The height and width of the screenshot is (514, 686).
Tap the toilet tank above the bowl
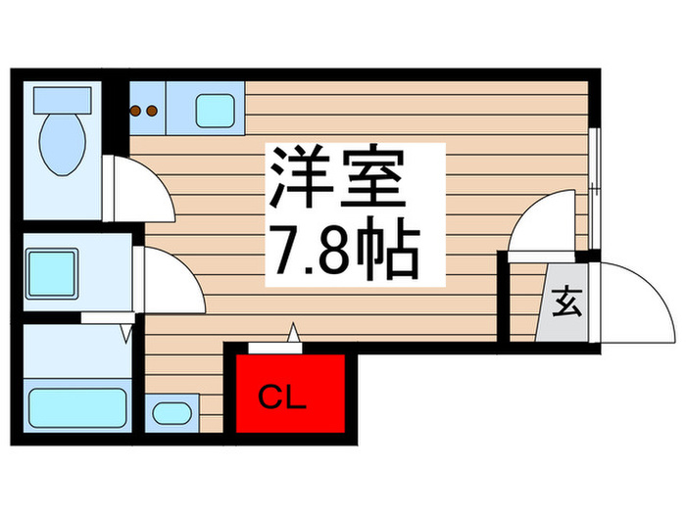click(x=62, y=99)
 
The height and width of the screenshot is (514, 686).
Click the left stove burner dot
click(x=136, y=111)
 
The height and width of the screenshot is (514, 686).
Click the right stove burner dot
click(x=153, y=111)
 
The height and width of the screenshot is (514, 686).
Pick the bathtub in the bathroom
click(x=77, y=406)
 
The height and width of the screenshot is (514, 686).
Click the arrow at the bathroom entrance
click(x=126, y=334)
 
